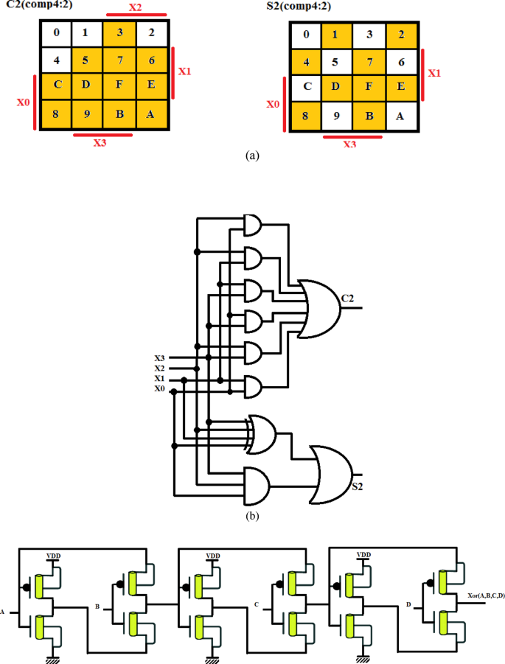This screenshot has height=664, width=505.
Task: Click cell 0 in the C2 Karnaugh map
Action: coord(55,32)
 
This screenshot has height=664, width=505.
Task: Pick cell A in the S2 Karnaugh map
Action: coord(401,115)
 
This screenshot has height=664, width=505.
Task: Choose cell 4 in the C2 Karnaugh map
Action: coord(55,58)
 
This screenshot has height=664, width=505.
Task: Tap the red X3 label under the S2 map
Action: coord(351,144)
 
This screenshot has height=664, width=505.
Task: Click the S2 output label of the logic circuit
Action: coord(357,487)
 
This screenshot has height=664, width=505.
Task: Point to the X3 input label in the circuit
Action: coord(159,358)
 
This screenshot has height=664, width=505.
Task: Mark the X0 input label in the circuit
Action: coord(159,388)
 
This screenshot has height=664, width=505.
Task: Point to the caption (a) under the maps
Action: coord(253,155)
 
